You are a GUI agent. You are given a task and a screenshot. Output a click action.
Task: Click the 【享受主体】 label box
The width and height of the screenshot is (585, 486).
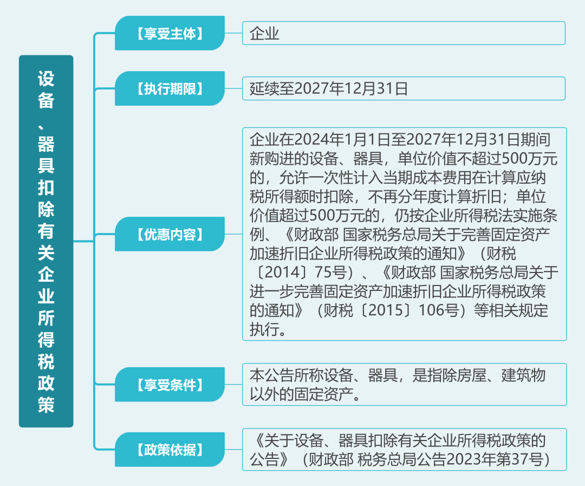tap(170, 33)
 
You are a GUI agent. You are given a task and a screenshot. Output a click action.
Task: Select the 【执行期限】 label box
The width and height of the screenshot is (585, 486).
tap(170, 88)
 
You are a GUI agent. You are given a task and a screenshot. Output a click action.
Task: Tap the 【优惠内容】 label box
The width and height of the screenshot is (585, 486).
tap(170, 234)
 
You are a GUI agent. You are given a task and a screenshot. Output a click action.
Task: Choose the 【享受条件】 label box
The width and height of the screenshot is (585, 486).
tap(170, 385)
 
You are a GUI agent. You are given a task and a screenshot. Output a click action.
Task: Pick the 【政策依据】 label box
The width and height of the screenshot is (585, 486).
tap(170, 449)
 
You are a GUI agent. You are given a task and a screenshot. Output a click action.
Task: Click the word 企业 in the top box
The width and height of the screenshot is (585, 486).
tap(264, 33)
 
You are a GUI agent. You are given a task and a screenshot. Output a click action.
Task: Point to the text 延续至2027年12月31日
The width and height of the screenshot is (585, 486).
tap(329, 89)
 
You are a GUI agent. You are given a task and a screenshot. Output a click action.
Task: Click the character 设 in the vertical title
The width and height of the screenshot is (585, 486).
tap(46, 79)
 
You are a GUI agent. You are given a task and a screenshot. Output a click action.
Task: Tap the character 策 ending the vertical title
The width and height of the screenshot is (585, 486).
tap(46, 405)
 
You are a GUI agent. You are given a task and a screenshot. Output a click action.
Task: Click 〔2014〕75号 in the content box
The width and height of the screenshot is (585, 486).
tap(302, 273)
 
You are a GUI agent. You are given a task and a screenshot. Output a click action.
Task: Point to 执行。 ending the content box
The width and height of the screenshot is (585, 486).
tap(268, 329)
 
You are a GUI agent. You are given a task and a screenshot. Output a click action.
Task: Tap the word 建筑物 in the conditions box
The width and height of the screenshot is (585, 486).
tap(523, 375)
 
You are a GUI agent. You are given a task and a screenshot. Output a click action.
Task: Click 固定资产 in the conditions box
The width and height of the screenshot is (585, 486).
tap(323, 394)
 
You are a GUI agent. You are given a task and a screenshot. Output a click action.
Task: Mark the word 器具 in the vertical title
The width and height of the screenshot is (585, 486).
tap(46, 154)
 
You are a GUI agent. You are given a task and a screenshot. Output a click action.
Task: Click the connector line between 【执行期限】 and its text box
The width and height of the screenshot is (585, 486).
tap(233, 88)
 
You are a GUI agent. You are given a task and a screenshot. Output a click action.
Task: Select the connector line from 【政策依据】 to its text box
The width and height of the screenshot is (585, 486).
tap(233, 449)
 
